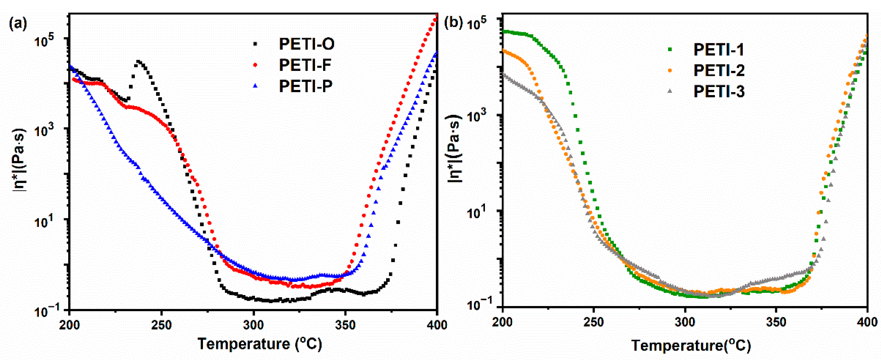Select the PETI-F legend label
[305, 65]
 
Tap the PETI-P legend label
[306, 86]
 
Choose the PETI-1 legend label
[718, 50]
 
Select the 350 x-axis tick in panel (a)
[345, 325]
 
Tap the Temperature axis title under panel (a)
[260, 344]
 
